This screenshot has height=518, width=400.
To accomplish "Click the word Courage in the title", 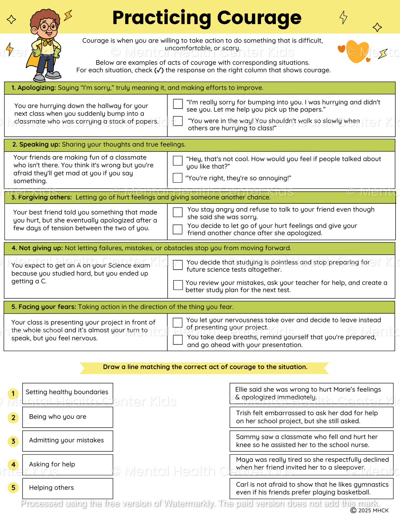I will coord(259,18).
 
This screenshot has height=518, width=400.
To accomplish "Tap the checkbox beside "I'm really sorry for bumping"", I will coord(178,104).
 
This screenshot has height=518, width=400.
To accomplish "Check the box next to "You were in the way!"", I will coord(178,121).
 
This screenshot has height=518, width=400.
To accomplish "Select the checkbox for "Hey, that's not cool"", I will coord(178,161).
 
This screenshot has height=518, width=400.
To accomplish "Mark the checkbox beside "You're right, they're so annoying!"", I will coord(178,178).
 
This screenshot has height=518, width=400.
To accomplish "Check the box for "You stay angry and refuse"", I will coord(178,212).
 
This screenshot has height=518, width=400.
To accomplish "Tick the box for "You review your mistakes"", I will coord(178,285).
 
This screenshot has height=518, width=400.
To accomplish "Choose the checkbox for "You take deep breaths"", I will coord(178,340).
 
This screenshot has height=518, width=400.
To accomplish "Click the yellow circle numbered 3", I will coord(13,441).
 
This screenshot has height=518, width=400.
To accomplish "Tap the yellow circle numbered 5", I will coord(13,488).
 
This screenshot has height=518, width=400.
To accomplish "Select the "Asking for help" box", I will coord(68,464).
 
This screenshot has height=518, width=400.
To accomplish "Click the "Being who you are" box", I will coord(68,417).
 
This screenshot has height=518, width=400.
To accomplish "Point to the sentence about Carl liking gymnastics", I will coord(312,488).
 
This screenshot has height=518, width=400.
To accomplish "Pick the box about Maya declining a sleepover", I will coord(312,464).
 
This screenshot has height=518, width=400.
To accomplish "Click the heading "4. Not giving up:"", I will coord(37,248).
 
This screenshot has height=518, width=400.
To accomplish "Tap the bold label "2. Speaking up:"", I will coord(36,145).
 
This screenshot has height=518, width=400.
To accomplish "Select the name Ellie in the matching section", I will coord(241,390).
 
